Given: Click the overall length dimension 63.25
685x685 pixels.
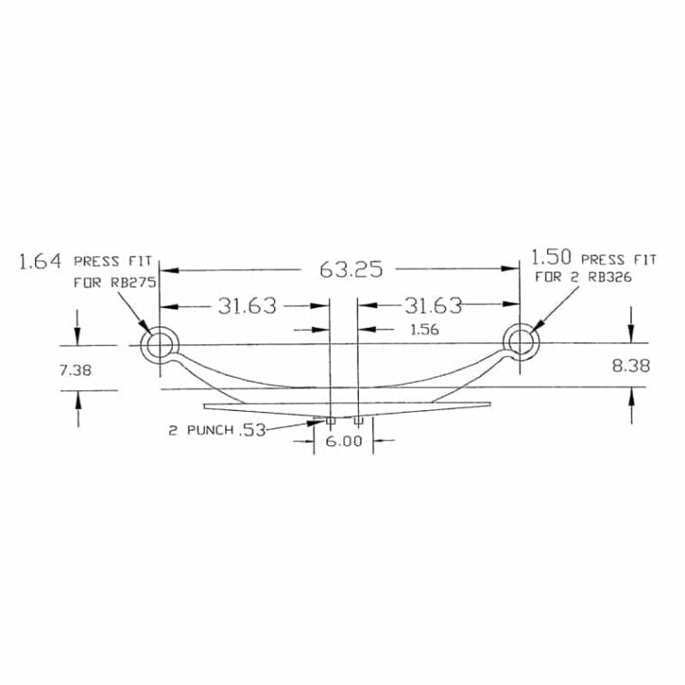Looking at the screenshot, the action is click(351, 269).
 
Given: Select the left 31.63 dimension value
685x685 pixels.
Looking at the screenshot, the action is click(247, 306).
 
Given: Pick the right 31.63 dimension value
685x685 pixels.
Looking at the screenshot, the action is click(433, 306).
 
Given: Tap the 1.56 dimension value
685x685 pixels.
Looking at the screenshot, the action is click(425, 329).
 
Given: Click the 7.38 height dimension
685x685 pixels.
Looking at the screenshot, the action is click(75, 370).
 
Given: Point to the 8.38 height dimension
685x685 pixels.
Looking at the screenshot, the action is click(630, 365).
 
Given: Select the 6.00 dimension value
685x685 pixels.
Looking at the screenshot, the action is click(344, 442).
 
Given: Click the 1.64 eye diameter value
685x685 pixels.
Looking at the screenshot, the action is click(40, 261).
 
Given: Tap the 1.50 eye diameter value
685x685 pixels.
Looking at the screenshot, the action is click(551, 258).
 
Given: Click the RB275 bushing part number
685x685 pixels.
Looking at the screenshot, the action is click(133, 283).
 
